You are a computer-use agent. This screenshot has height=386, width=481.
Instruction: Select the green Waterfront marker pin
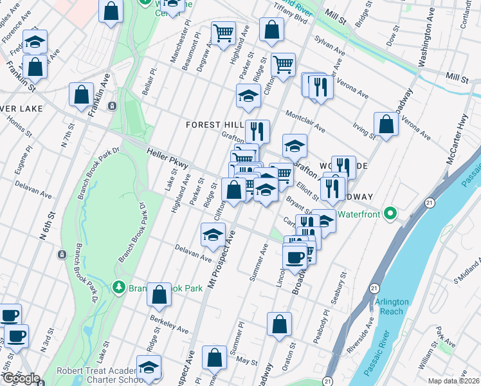389,214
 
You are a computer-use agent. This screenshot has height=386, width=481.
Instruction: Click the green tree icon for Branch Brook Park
118,286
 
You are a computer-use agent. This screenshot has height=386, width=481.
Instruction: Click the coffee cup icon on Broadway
295,257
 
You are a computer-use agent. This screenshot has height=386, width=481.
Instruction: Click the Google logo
21,378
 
